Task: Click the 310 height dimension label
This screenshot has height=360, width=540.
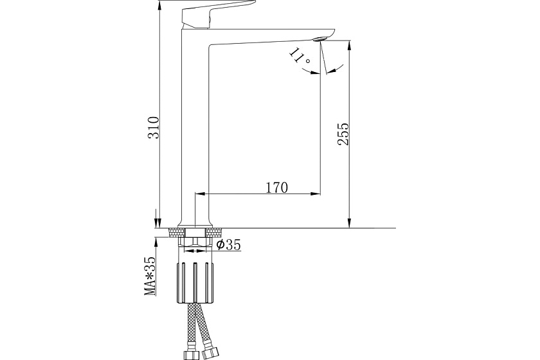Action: tap(154, 127)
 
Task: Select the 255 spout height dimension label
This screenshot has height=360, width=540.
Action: tap(343, 134)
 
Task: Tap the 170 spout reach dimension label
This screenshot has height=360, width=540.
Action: tap(276, 188)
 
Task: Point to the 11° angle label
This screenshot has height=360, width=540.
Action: tap(300, 55)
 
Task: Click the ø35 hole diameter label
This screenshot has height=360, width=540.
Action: tap(228, 244)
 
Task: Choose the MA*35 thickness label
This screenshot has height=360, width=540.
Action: tap(150, 276)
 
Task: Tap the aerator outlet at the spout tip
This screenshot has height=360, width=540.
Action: tap(319, 39)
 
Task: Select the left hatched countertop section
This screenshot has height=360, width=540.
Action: tap(177, 232)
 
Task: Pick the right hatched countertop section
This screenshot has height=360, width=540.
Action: tap(213, 232)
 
